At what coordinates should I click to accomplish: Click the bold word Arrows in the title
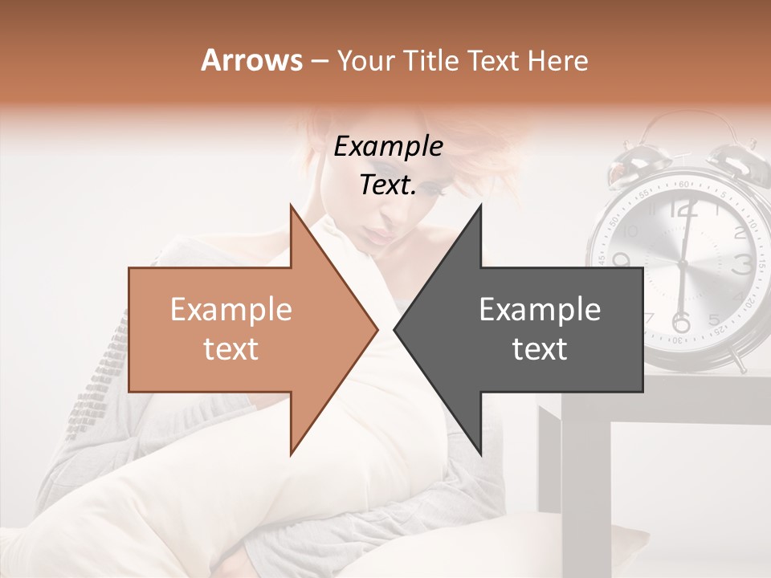[251, 60]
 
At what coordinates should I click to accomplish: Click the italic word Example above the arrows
[388, 147]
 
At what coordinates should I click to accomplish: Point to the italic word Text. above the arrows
[388, 185]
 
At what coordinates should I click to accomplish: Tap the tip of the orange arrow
[374, 329]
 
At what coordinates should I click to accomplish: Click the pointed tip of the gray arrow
[397, 329]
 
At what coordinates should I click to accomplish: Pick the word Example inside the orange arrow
[231, 310]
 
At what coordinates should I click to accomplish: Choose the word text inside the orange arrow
[231, 349]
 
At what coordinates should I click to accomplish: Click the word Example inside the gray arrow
[540, 310]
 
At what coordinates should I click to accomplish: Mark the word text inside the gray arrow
[540, 349]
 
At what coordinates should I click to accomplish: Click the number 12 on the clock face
[683, 210]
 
